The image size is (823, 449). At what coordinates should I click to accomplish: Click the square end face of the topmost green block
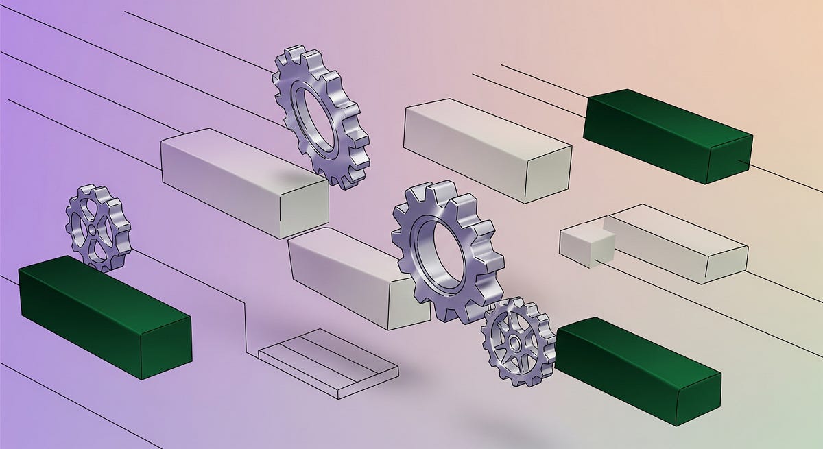coord(730,159)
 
